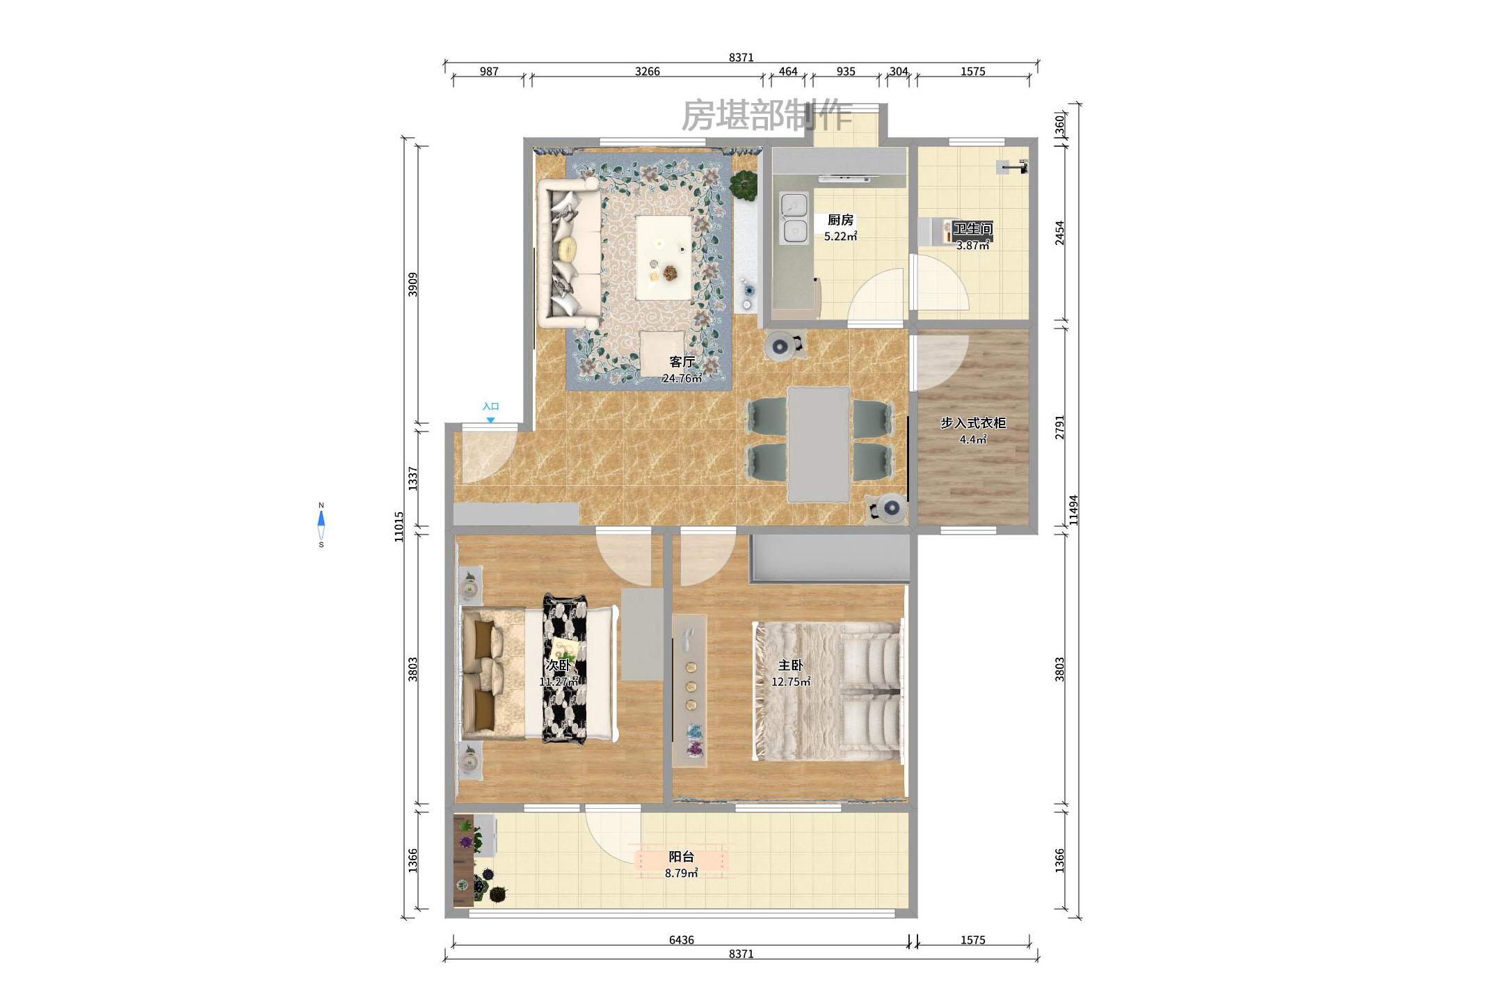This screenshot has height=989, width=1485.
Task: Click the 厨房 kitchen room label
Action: tap(840, 220)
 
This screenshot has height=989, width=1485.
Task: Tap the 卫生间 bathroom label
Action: tap(972, 228)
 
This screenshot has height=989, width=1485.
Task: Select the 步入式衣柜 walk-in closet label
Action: tap(972, 422)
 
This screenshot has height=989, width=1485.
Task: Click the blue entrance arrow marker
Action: tap(490, 420)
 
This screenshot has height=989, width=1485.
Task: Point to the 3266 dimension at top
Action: tap(647, 71)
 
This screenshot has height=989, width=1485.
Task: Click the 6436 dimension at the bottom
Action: tap(681, 940)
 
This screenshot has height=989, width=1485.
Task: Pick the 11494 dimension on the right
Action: tap(1073, 509)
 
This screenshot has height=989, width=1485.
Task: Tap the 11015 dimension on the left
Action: tap(399, 526)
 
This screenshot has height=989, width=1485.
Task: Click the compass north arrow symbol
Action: tap(321, 520)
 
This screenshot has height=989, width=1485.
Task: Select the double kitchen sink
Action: tap(794, 219)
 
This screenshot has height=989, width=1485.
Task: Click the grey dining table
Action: tap(818, 444)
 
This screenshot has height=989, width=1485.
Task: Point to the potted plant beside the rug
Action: tap(744, 185)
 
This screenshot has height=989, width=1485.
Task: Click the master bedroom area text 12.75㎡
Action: tap(790, 681)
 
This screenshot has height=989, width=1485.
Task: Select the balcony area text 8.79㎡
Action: tap(681, 873)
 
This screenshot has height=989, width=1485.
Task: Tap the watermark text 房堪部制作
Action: tap(766, 115)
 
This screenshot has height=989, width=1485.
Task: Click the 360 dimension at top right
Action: tap(1059, 125)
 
